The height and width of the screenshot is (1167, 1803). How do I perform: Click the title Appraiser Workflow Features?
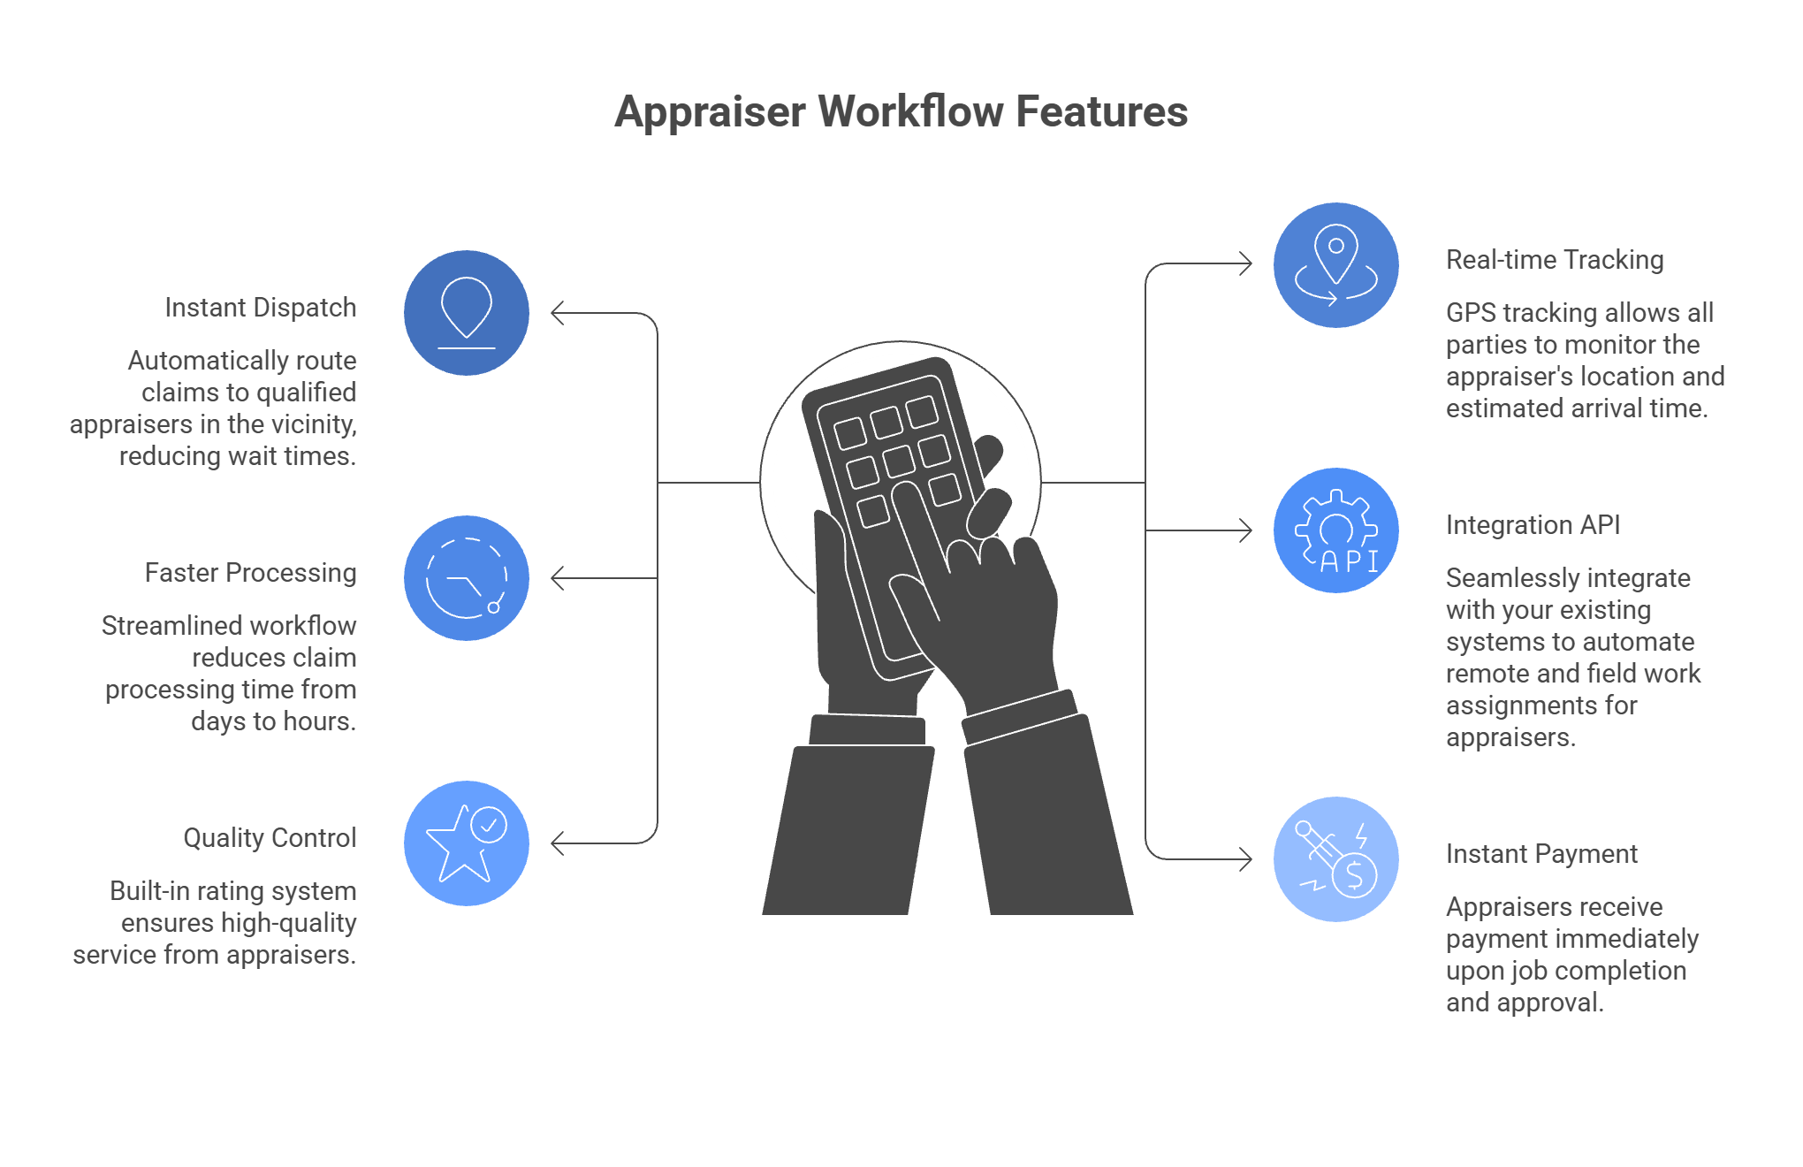click(901, 112)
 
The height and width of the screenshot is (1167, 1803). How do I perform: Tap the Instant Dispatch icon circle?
click(467, 313)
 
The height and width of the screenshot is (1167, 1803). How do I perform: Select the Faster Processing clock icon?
click(467, 578)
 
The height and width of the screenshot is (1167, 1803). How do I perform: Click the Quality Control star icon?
click(467, 843)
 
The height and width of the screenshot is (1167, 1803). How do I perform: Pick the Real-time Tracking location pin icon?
click(1336, 265)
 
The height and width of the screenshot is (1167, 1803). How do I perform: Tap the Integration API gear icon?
click(1336, 530)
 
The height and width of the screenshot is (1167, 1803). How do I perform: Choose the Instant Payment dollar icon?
click(1336, 859)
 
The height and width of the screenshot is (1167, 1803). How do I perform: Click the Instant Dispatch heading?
click(261, 308)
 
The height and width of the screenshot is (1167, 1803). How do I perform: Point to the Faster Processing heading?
click(251, 573)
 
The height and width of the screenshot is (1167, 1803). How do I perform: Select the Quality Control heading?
click(270, 838)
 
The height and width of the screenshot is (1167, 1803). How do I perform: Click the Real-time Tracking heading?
click(1555, 260)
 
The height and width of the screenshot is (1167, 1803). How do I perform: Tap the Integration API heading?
click(1533, 525)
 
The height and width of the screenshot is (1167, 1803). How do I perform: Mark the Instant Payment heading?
click(1541, 854)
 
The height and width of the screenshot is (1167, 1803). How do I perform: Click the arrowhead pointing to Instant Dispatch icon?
click(558, 313)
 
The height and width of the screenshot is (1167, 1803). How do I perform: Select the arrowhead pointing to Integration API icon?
click(1245, 530)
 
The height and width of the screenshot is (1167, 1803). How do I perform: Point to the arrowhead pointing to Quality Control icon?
click(558, 843)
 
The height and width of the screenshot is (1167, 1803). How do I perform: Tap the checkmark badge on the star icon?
click(489, 826)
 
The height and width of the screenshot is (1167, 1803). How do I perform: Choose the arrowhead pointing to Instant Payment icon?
click(1245, 859)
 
